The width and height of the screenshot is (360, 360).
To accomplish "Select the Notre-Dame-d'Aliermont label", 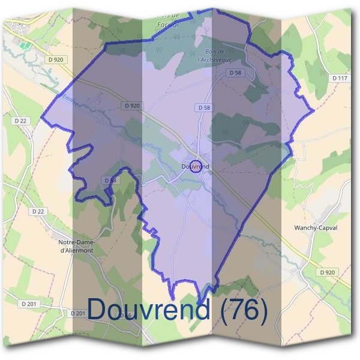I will pos(77,246).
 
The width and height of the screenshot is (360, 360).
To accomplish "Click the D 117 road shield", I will pos(340,78).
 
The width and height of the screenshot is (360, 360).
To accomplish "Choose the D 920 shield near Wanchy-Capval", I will pos(328,272).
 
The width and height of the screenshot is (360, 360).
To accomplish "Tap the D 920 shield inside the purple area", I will pos(133,106).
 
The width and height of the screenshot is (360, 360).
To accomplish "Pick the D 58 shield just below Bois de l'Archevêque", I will pos(235,72).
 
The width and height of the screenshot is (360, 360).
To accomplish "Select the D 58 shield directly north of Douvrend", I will pos(203,107).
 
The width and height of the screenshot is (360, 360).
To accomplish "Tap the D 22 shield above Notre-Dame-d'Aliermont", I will pos(38,211).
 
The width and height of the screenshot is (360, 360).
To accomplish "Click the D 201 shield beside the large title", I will pos(77,313).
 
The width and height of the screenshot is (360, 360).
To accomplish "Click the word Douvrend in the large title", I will pos(149,309).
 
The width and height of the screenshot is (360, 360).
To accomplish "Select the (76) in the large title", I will pos(244,309).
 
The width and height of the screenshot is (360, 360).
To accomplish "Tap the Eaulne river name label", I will pos(67,98).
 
